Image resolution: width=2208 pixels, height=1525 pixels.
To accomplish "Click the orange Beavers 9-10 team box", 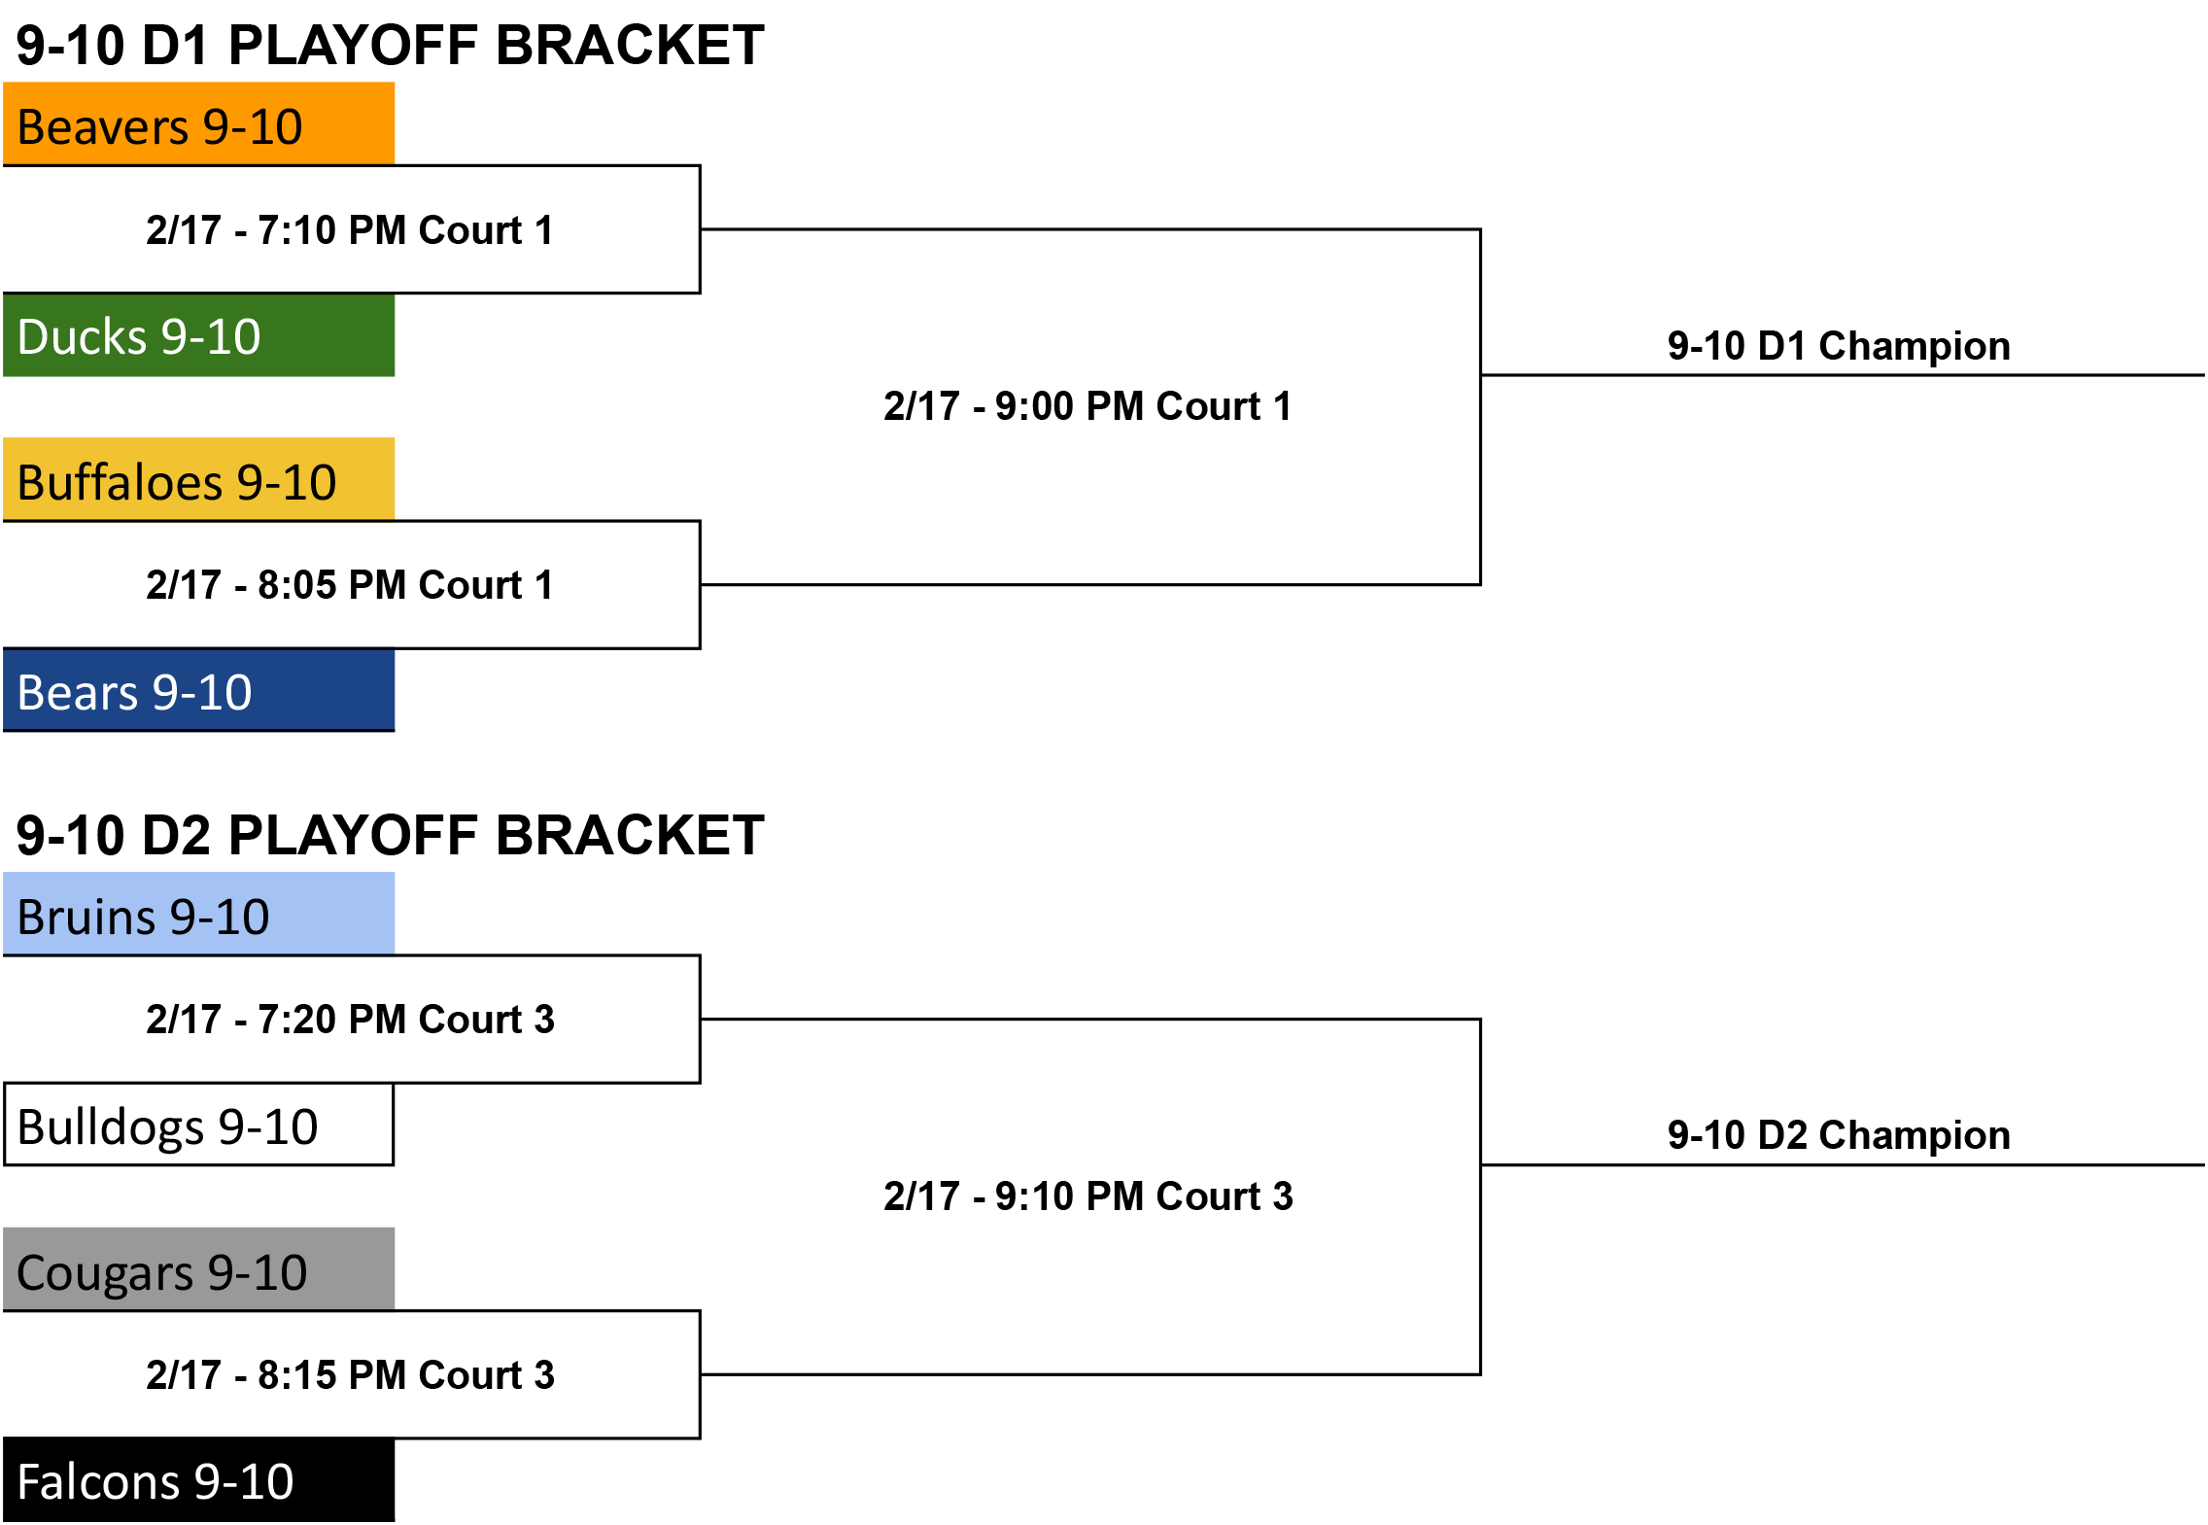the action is pyautogui.click(x=198, y=123).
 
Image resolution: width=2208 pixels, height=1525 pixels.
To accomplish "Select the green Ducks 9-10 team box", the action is pyautogui.click(x=198, y=335).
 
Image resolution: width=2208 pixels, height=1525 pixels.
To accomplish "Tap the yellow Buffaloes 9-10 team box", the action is pyautogui.click(x=198, y=479).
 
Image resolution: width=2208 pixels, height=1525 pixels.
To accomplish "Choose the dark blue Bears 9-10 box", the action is pyautogui.click(x=198, y=690).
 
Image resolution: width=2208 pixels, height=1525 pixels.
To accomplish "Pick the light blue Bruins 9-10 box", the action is pyautogui.click(x=198, y=914).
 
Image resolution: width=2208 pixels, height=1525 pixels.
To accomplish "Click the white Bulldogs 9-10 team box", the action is pyautogui.click(x=198, y=1125).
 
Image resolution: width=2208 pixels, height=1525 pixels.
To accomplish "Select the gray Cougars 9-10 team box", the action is pyautogui.click(x=198, y=1269).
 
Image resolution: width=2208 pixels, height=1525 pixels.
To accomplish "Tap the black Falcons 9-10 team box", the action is pyautogui.click(x=198, y=1480).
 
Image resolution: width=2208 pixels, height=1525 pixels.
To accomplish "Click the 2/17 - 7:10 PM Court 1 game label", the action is pyautogui.click(x=350, y=230).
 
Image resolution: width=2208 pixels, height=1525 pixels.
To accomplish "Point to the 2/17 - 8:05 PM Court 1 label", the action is pyautogui.click(x=350, y=585).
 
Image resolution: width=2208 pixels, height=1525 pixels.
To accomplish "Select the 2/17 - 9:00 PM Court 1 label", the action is pyautogui.click(x=1088, y=406).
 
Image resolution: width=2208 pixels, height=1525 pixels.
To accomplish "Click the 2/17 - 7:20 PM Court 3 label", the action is pyautogui.click(x=350, y=1020).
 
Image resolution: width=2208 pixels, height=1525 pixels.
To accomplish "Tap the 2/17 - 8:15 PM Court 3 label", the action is pyautogui.click(x=350, y=1375).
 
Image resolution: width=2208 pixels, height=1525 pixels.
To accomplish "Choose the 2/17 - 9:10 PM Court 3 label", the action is pyautogui.click(x=1088, y=1196).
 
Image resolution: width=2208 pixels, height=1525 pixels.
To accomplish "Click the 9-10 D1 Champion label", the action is pyautogui.click(x=1839, y=346).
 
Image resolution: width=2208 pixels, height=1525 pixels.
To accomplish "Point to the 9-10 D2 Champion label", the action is pyautogui.click(x=1839, y=1135).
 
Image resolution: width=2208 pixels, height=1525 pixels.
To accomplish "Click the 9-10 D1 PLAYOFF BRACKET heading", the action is pyautogui.click(x=391, y=45).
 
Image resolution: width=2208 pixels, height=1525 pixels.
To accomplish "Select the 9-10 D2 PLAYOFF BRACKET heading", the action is pyautogui.click(x=391, y=835).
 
